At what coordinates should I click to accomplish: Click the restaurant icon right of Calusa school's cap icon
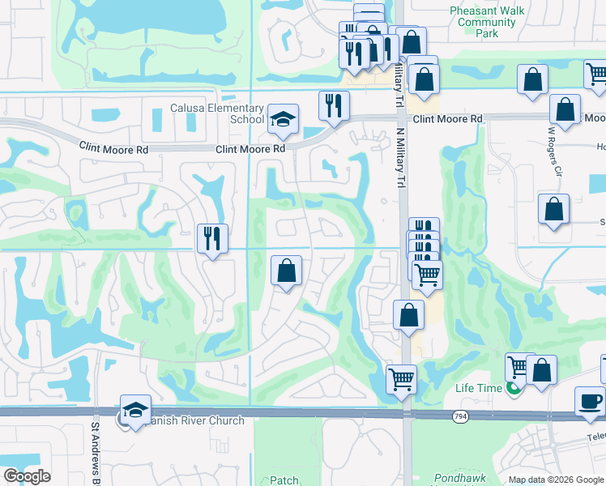click(x=334, y=104)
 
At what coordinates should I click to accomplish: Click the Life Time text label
click(x=478, y=388)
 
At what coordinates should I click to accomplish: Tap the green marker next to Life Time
click(x=512, y=389)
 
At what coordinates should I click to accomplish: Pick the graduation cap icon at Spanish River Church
click(x=135, y=409)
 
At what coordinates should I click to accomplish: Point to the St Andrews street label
click(x=95, y=450)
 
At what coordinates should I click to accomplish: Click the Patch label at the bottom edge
click(x=284, y=480)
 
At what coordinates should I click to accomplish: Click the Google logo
click(x=27, y=476)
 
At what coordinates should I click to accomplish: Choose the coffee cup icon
click(x=590, y=400)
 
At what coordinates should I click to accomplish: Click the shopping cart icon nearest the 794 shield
click(x=402, y=378)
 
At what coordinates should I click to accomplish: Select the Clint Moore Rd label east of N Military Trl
click(x=447, y=118)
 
